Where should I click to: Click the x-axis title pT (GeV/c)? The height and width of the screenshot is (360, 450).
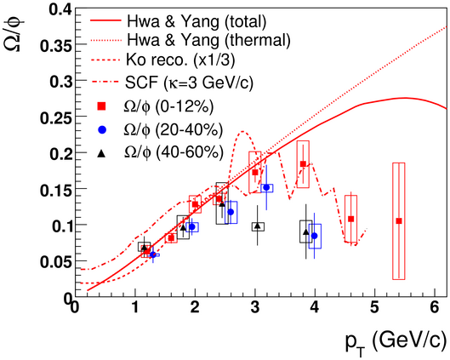pos(396,343)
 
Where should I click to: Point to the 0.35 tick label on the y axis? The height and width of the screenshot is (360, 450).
pos(55,45)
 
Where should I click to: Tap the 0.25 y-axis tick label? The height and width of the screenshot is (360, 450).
pos(55,117)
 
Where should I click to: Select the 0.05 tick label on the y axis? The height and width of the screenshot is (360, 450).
pos(55,261)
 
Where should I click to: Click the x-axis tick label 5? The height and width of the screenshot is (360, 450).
pos(375,307)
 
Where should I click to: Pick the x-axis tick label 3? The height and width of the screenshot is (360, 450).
pos(255,307)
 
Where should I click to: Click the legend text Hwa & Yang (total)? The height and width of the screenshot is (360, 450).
pos(197,21)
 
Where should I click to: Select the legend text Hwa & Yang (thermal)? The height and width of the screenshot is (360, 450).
pos(208,40)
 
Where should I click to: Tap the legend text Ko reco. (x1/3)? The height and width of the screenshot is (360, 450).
pos(180,60)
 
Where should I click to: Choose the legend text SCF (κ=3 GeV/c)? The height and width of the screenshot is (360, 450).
pos(189,83)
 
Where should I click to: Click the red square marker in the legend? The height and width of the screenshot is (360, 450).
pos(101,106)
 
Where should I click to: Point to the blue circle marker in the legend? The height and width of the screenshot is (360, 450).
pos(102,130)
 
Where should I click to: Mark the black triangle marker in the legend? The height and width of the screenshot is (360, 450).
pos(101,153)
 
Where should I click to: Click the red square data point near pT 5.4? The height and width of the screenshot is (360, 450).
pos(399,220)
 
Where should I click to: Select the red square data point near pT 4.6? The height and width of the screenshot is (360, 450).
pos(350,219)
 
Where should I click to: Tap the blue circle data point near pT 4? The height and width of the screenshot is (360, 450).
pos(315,236)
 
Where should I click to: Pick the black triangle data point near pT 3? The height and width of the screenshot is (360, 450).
pos(258,226)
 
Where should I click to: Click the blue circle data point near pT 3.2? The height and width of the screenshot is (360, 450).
pos(266,187)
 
